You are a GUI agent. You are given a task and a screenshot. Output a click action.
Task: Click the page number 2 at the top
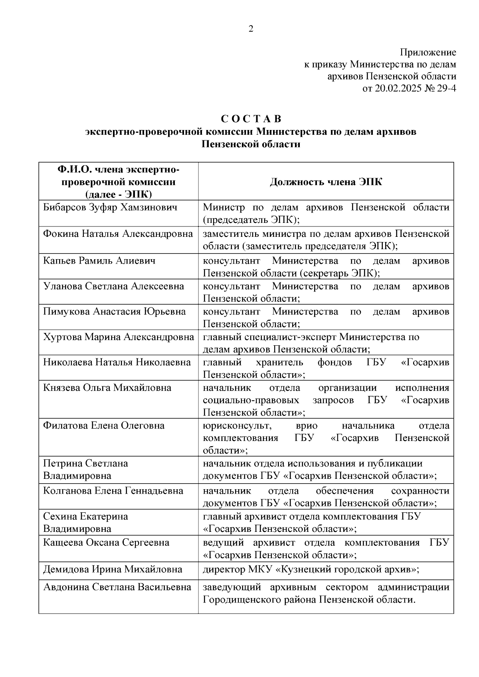click(x=251, y=29)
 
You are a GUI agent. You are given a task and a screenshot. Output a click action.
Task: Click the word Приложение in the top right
click(x=428, y=52)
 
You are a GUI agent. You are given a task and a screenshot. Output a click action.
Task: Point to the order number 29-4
click(x=445, y=89)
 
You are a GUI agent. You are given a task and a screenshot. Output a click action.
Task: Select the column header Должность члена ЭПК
click(x=326, y=182)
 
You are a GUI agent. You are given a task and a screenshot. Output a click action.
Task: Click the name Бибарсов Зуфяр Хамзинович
click(x=110, y=207)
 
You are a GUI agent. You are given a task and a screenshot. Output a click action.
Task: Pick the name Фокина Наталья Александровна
click(x=118, y=234)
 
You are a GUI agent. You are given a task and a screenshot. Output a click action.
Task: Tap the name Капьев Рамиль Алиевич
click(x=99, y=261)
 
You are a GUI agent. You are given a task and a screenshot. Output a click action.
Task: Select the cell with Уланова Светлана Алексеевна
click(x=113, y=286)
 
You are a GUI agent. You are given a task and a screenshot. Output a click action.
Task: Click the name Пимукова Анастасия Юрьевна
click(x=114, y=311)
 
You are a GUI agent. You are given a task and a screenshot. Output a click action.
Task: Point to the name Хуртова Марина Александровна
click(x=119, y=337)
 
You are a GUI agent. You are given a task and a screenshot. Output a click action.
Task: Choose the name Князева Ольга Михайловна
click(x=107, y=388)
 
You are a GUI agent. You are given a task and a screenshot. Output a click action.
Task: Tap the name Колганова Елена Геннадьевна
click(x=113, y=491)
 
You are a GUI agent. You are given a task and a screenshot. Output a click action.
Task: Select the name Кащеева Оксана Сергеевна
click(x=106, y=543)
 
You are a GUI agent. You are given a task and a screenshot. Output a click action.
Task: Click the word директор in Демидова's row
click(x=222, y=569)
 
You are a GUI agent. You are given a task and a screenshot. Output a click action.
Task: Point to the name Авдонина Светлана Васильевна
click(x=117, y=587)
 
